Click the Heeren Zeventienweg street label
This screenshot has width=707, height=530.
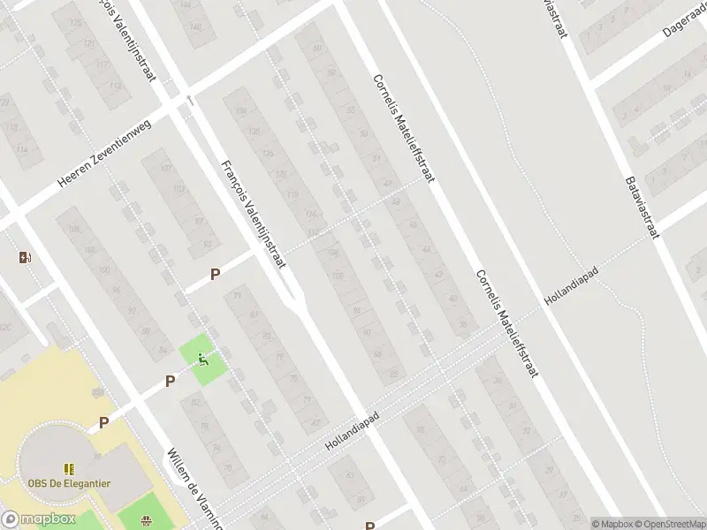[105, 152]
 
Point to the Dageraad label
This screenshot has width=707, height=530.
[684, 25]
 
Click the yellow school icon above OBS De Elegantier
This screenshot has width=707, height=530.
[68, 467]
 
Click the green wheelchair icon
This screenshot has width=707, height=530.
[204, 359]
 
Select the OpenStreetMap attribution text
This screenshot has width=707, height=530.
[667, 523]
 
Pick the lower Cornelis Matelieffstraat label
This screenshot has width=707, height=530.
[507, 323]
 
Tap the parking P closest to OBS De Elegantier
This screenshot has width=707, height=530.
[103, 423]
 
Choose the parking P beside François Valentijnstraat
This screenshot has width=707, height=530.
[215, 276]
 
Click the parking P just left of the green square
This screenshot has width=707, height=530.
[170, 381]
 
